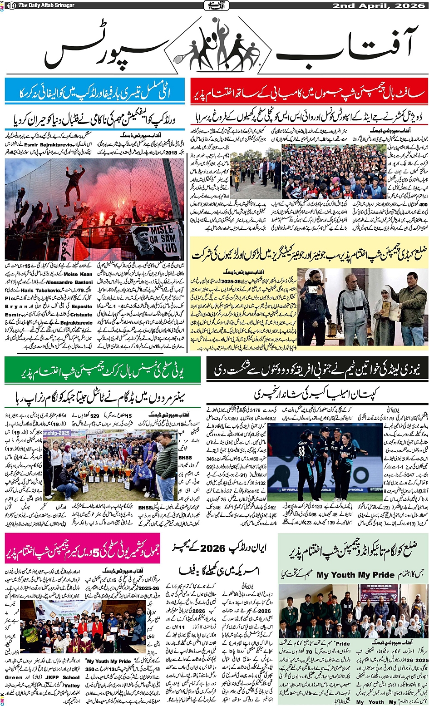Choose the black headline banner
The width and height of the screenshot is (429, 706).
coord(317,370)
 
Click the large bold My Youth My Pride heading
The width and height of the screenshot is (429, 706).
coord(355,575)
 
